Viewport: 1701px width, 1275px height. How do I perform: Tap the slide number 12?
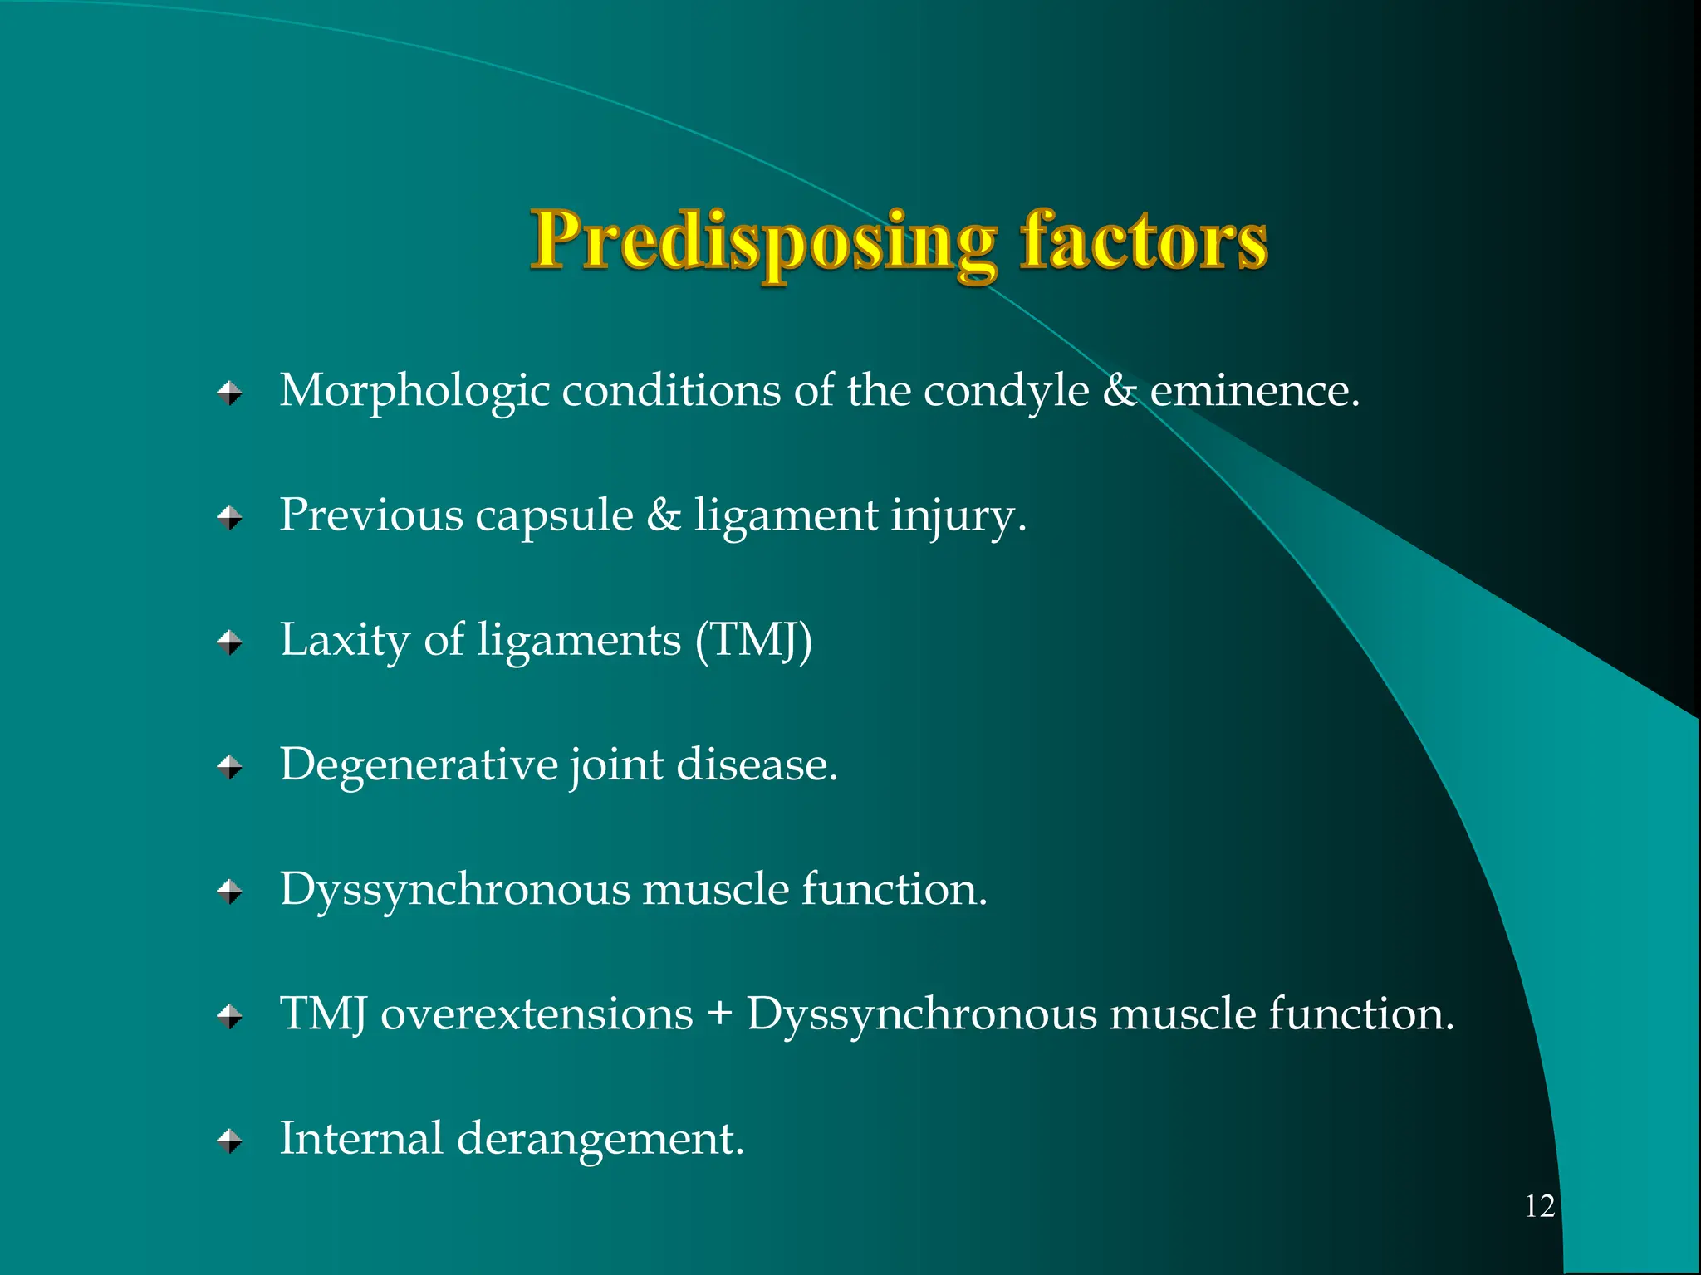pos(1539,1206)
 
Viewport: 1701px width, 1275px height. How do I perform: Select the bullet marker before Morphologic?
pos(230,392)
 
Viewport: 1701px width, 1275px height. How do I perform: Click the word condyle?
pos(1006,392)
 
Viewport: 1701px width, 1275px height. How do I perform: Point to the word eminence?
pos(1253,392)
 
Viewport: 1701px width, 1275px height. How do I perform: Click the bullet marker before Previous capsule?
pos(230,517)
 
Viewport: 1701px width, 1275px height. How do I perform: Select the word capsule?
pos(554,517)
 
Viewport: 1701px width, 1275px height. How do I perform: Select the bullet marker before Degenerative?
pos(230,767)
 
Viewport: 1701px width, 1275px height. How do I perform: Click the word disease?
pos(756,765)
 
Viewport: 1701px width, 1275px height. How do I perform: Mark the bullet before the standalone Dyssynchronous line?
pos(230,892)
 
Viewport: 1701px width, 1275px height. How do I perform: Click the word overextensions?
pos(537,1014)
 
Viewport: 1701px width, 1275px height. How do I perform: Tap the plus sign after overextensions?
pos(719,1015)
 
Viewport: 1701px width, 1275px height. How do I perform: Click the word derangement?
pos(600,1141)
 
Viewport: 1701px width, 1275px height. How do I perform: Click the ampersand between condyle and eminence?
pos(1119,392)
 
